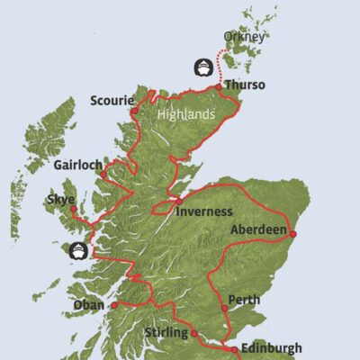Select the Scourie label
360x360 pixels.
coord(112,101)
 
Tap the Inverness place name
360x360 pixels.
coord(204,211)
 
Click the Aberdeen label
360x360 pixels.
coord(258,229)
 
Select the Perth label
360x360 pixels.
coord(244,298)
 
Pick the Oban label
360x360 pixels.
coord(92,305)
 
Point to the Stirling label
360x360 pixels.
coord(165,334)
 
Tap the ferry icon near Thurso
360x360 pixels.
coord(204,67)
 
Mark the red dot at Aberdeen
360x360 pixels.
coord(293,233)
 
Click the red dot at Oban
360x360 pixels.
coord(114,305)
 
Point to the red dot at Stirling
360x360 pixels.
coord(193,334)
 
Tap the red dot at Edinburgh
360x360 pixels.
coord(233,349)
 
